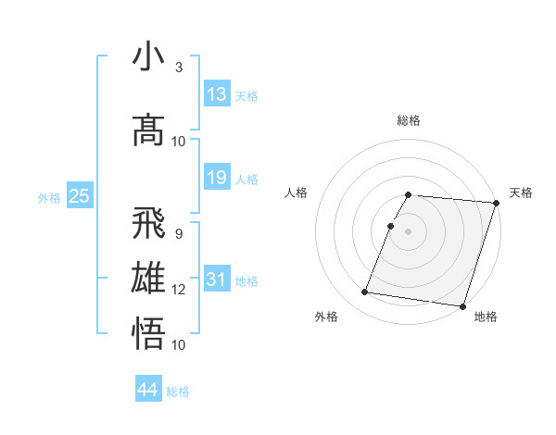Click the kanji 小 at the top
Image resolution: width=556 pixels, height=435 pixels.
148,57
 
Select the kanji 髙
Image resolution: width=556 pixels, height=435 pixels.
148,130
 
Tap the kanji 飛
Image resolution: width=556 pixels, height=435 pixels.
148,223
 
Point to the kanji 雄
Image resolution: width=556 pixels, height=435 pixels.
148,279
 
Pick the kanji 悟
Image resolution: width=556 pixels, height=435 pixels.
148,333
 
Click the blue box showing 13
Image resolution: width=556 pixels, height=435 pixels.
217,93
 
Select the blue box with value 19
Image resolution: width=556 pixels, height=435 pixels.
217,177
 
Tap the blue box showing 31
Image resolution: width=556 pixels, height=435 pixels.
217,279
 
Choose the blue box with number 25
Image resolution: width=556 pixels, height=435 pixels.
79,195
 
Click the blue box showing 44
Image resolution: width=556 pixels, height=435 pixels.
148,390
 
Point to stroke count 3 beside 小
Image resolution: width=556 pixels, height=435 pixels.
179,68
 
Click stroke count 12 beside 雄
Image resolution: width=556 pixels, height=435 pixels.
179,290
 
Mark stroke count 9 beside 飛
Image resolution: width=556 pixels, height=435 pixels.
179,233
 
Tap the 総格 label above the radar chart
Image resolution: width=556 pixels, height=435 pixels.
409,120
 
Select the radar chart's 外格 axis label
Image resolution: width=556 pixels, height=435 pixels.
326,317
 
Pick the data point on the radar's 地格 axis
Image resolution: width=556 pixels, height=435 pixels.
462,306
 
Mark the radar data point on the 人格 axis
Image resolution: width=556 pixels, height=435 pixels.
391,226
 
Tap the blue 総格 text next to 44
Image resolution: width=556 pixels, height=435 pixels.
178,391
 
